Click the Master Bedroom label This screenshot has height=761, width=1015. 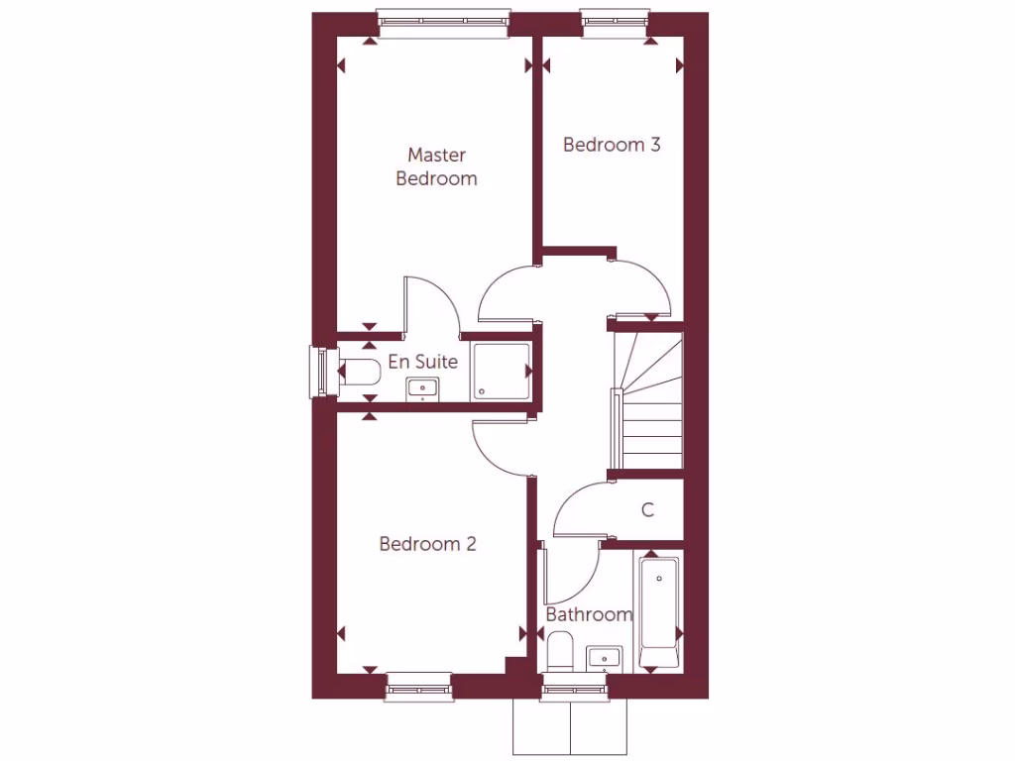click(436, 166)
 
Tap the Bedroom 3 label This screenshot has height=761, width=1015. click(612, 145)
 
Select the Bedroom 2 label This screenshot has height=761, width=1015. click(428, 544)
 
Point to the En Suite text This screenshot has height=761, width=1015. click(423, 362)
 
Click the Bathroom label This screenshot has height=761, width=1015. click(590, 614)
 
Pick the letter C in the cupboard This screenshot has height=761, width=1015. click(648, 510)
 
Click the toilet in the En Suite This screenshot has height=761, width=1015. click(359, 373)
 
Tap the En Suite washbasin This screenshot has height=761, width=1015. click(423, 388)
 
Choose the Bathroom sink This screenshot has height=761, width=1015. click(604, 657)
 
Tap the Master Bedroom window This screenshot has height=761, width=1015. click(443, 23)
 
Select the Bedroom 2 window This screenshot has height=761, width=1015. click(419, 687)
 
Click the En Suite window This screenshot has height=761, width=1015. click(319, 371)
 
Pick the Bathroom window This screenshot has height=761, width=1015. click(574, 688)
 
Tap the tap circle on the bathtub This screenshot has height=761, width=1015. click(659, 578)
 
